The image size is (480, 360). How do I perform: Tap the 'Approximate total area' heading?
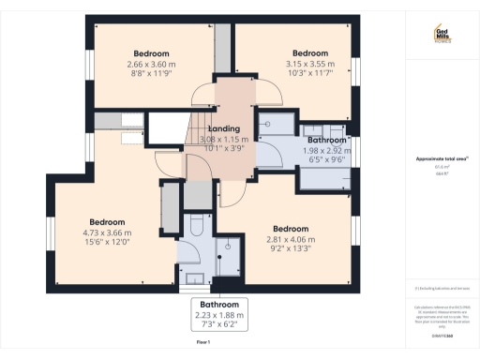[442, 158]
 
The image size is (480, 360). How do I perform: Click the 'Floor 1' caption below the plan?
[202, 342]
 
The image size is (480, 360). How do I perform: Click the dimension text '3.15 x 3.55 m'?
[310, 64]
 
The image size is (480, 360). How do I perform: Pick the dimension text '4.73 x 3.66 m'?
[107, 232]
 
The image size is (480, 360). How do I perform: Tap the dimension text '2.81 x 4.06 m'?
[291, 240]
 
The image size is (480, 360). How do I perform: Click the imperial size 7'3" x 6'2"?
[218, 326]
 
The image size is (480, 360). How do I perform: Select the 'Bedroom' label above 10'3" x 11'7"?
[310, 53]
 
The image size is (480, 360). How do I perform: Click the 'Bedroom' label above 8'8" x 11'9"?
[152, 52]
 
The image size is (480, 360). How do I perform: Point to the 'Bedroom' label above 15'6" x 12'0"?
[107, 221]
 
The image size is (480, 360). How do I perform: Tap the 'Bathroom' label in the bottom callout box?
[218, 306]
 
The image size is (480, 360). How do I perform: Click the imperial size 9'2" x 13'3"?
[291, 250]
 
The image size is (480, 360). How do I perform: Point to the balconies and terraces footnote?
[442, 288]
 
